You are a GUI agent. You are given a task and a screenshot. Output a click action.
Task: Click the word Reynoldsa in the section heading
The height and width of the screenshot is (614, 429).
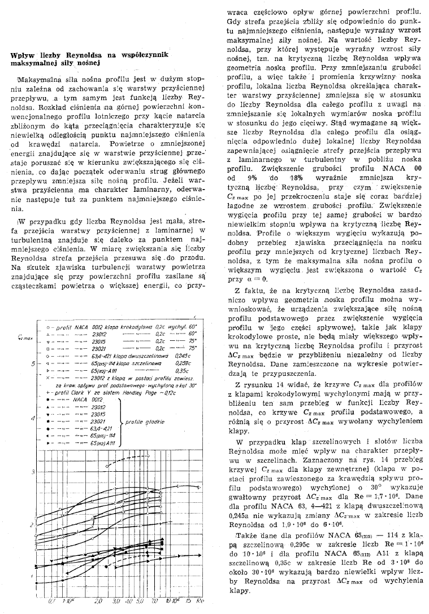(84, 54)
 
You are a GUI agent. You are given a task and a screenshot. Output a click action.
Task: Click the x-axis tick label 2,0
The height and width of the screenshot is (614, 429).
(98, 600)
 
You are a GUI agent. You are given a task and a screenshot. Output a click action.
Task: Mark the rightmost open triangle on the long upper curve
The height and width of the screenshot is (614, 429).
(200, 486)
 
